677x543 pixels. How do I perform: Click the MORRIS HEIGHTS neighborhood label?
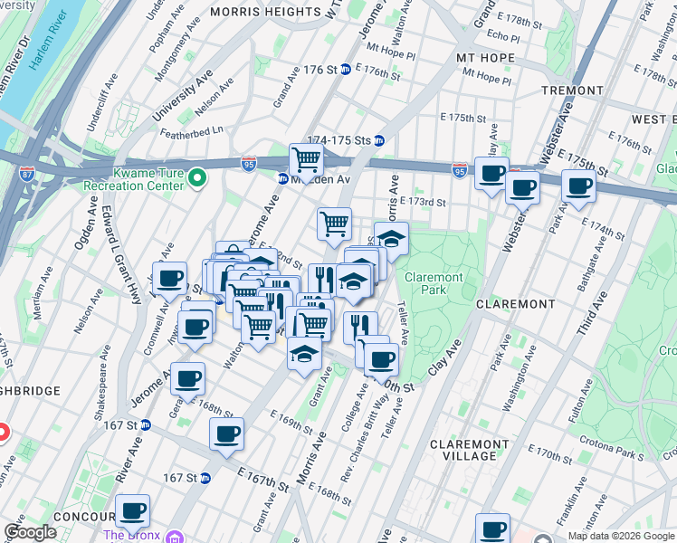point(265,12)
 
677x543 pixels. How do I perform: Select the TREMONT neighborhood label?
point(572,90)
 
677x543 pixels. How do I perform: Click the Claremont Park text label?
point(434,283)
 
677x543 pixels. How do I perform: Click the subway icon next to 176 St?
point(346,70)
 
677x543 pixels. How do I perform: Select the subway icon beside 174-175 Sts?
point(380,140)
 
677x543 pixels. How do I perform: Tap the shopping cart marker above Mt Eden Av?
point(307,159)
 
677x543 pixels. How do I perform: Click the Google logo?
point(31,532)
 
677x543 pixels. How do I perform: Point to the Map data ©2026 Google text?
point(621,536)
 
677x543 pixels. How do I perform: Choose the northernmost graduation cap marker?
point(391,238)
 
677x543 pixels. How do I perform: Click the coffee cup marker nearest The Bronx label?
point(132,510)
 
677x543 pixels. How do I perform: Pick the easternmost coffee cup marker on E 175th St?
point(578,186)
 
